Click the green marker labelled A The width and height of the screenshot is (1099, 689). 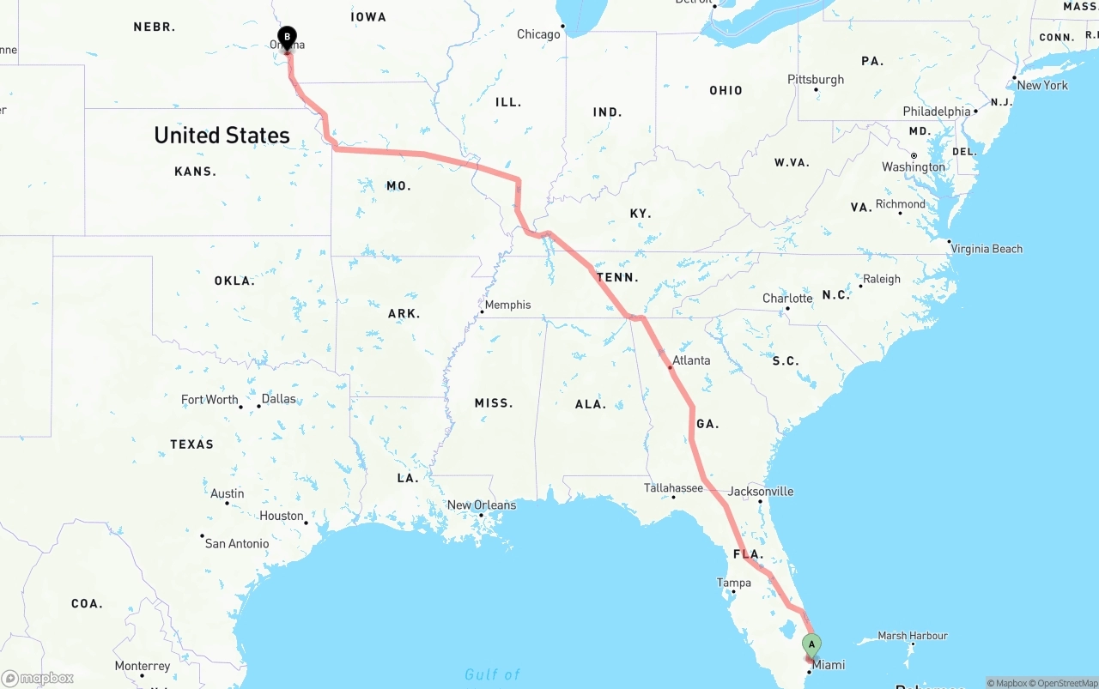coord(811,645)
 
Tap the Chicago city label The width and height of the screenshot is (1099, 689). coord(538,34)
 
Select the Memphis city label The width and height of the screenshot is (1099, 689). coord(507,305)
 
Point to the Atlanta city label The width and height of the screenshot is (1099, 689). coord(691,360)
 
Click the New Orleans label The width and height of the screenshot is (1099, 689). coord(482,505)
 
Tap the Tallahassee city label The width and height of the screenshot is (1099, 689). coord(673,488)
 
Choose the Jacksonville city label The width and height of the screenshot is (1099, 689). coord(761,492)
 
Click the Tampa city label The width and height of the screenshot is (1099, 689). coord(734,583)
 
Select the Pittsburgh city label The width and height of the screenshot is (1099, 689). coord(816,80)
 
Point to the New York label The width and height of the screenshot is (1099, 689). coord(1042,85)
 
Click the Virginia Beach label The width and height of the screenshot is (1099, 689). coord(987,249)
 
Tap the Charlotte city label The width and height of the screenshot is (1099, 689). coord(787,299)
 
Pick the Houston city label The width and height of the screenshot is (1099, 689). coord(282,516)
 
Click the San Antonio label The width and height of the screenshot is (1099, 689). coord(237,543)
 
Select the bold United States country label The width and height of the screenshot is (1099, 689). coord(222,136)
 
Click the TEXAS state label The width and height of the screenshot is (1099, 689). coord(191,444)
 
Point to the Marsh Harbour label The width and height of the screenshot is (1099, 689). coord(913,636)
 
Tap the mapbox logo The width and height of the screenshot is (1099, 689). coord(38,678)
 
